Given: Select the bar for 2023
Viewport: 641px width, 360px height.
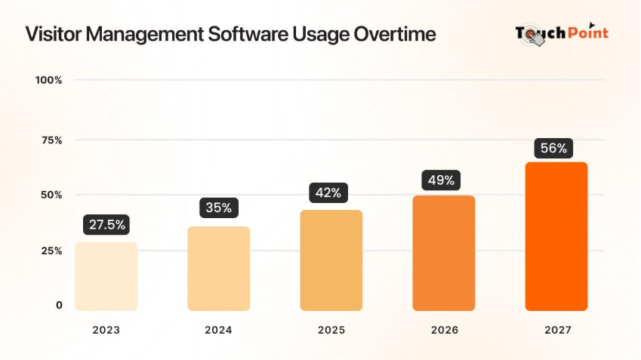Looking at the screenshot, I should [x=106, y=276].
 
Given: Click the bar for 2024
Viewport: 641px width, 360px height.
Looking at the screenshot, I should [x=219, y=269].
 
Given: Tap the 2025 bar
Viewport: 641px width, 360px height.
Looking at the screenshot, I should [x=331, y=260].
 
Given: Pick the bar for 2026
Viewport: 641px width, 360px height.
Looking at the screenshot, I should [x=443, y=254].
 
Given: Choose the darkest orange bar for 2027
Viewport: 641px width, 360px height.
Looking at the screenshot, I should [x=556, y=236].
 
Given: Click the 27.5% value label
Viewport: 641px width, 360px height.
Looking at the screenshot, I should [x=106, y=225].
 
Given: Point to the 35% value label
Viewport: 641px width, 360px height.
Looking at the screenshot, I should [x=219, y=208].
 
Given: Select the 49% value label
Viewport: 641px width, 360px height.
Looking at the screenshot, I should [x=441, y=180].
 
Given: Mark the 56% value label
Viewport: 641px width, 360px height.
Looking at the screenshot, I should [x=553, y=148].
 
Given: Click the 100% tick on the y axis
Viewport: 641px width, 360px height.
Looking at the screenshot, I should [x=48, y=80].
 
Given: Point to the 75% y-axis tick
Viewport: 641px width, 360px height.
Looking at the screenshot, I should [x=51, y=140].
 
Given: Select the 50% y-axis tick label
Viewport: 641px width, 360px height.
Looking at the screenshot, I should [x=51, y=195].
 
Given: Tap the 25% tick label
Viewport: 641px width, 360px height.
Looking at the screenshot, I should [x=51, y=251].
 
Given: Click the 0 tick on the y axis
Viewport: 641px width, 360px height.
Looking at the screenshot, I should [x=58, y=305].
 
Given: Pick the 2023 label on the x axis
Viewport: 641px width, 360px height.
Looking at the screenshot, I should [x=106, y=330].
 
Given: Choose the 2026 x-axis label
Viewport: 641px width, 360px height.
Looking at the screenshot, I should [x=443, y=330].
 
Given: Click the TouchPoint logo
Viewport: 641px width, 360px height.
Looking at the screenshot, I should [x=562, y=34].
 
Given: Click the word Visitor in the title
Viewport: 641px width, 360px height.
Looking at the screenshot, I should [x=50, y=35].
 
